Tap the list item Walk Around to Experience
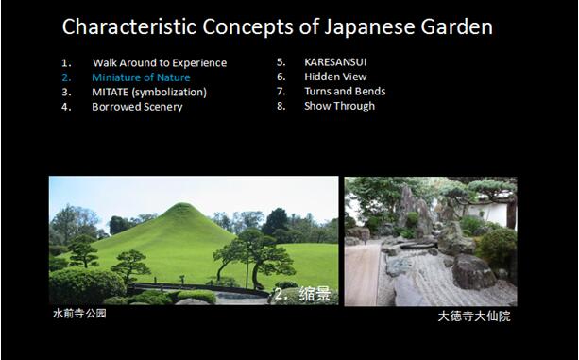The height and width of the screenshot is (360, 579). click(159, 63)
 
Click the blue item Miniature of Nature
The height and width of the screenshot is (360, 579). click(141, 77)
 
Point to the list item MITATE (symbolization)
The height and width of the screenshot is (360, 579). click(149, 93)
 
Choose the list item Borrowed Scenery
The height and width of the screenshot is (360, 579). click(137, 107)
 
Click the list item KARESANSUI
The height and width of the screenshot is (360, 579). click(335, 63)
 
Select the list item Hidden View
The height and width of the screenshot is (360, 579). click(334, 77)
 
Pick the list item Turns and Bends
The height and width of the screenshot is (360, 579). click(344, 92)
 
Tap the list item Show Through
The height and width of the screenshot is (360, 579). click(339, 106)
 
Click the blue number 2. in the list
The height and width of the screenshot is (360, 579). click(66, 77)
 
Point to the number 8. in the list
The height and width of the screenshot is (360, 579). click(281, 106)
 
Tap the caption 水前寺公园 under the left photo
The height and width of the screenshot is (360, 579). click(79, 314)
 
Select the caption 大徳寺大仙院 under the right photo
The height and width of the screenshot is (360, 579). click(473, 317)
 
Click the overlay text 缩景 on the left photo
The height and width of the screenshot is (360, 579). click(315, 295)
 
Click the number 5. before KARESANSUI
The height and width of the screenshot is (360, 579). click(281, 63)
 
